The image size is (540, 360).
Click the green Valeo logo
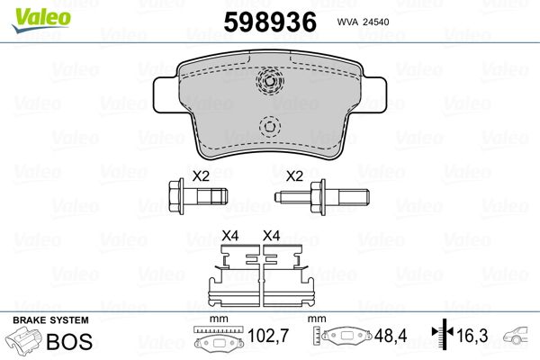tap(41, 20)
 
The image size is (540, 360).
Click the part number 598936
tap(270, 22)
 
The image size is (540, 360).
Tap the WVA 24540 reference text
tap(363, 22)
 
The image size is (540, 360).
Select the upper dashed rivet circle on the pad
tap(270, 81)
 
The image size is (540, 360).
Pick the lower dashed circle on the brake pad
tap(270, 126)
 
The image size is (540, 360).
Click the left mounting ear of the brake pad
tap(166, 94)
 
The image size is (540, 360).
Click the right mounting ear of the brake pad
tap(374, 94)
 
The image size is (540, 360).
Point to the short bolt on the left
tap(198, 197)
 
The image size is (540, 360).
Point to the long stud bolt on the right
tap(321, 197)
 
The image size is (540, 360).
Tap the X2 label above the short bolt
tap(201, 176)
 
